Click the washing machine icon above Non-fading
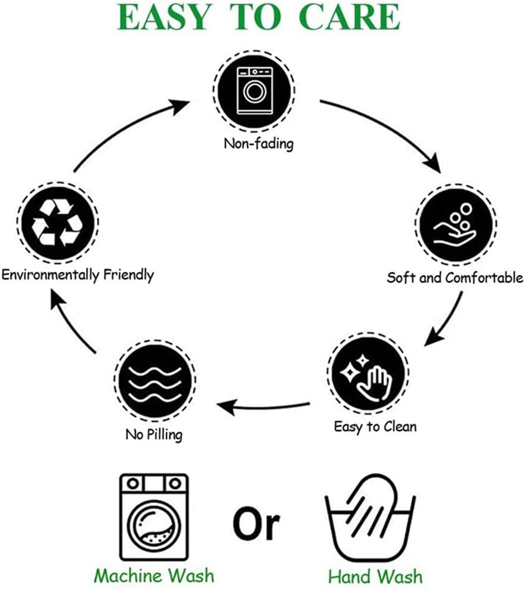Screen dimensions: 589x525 pyautogui.click(x=255, y=91)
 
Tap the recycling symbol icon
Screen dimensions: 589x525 pyautogui.click(x=57, y=223)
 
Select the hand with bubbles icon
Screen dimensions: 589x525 pyautogui.click(x=455, y=225)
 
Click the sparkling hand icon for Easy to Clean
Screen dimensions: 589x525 pyautogui.click(x=369, y=374)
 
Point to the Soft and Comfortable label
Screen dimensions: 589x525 pyautogui.click(x=455, y=278)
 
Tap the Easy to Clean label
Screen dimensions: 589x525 pyautogui.click(x=375, y=427)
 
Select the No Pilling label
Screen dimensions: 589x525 pyautogui.click(x=154, y=434)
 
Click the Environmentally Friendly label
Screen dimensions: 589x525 pyautogui.click(x=78, y=275)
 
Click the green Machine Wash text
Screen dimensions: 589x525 pyautogui.click(x=155, y=575)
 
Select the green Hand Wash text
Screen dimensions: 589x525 pyautogui.click(x=375, y=576)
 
